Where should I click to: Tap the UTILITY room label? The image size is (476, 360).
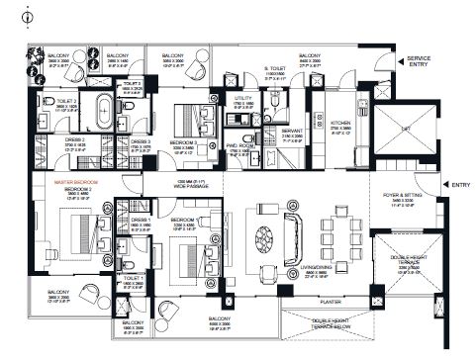coord(243,98)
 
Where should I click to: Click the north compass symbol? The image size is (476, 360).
coord(10,14)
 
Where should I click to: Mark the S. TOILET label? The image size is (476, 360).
coord(274,68)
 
